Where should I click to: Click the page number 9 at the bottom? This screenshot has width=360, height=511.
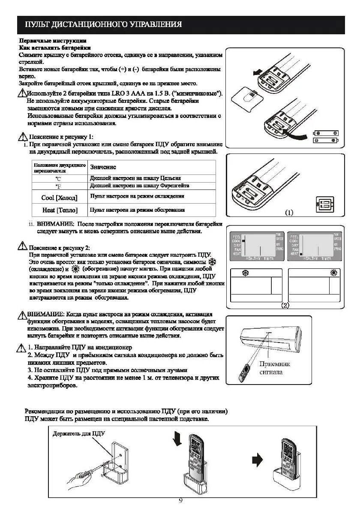(x=180, y=501)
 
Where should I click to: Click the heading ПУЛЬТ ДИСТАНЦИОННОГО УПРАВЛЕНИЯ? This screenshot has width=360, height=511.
(x=103, y=24)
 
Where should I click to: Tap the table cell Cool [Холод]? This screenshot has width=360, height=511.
(x=60, y=198)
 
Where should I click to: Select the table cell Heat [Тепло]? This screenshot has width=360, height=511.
(x=60, y=210)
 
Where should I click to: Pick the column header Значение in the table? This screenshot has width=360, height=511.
(x=103, y=167)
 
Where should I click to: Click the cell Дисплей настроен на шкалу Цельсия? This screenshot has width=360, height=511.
(x=135, y=178)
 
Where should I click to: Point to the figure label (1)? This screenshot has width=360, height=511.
(x=289, y=213)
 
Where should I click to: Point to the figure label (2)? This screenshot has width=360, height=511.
(x=285, y=306)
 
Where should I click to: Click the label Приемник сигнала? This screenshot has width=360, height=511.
(x=275, y=368)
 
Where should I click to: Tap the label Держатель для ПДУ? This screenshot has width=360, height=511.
(x=79, y=434)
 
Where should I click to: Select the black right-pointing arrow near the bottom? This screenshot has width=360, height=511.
(x=257, y=460)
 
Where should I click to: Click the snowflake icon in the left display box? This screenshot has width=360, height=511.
(x=246, y=273)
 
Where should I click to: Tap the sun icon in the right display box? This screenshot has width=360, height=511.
(x=334, y=273)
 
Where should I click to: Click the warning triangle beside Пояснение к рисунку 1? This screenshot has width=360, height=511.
(x=23, y=137)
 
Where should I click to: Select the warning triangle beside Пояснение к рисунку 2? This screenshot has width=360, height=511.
(x=23, y=246)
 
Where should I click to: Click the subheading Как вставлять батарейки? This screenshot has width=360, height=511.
(x=54, y=48)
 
